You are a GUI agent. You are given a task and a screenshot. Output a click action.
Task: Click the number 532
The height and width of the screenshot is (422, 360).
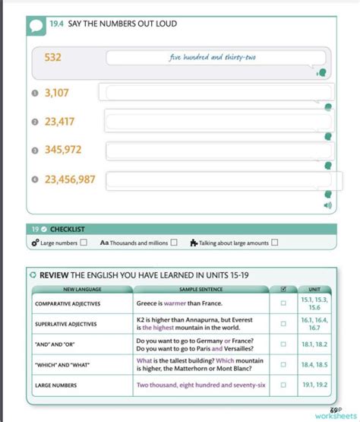[52, 58]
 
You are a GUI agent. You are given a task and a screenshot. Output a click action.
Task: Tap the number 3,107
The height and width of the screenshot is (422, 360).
[57, 93]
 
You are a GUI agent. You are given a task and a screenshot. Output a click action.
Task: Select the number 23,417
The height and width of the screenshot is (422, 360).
[59, 121]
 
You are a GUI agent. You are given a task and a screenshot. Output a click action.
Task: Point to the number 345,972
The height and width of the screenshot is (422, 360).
[63, 150]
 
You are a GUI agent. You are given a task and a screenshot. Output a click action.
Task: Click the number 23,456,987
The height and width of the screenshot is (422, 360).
[70, 179]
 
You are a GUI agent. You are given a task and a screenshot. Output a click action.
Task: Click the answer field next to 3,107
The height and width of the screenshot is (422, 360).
[215, 93]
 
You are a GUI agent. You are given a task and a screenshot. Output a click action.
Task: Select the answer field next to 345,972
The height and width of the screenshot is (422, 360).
[218, 151]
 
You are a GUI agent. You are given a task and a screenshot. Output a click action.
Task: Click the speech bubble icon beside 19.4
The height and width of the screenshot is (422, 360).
[37, 25]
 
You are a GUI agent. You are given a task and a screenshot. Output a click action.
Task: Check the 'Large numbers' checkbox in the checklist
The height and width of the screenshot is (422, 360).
[84, 243]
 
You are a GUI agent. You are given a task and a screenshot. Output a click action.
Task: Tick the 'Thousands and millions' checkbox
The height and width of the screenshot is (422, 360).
[174, 243]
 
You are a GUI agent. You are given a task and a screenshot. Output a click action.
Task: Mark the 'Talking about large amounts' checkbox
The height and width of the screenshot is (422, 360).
[274, 243]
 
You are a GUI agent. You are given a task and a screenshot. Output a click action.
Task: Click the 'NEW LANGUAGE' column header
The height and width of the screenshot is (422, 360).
[81, 290]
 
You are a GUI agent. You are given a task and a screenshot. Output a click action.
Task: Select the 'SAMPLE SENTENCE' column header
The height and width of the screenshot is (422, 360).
[201, 290]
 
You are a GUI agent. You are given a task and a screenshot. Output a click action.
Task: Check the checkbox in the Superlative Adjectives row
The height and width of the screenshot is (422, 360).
[283, 323]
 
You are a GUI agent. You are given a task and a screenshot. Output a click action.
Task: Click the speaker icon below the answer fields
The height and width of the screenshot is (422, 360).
[328, 205]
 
